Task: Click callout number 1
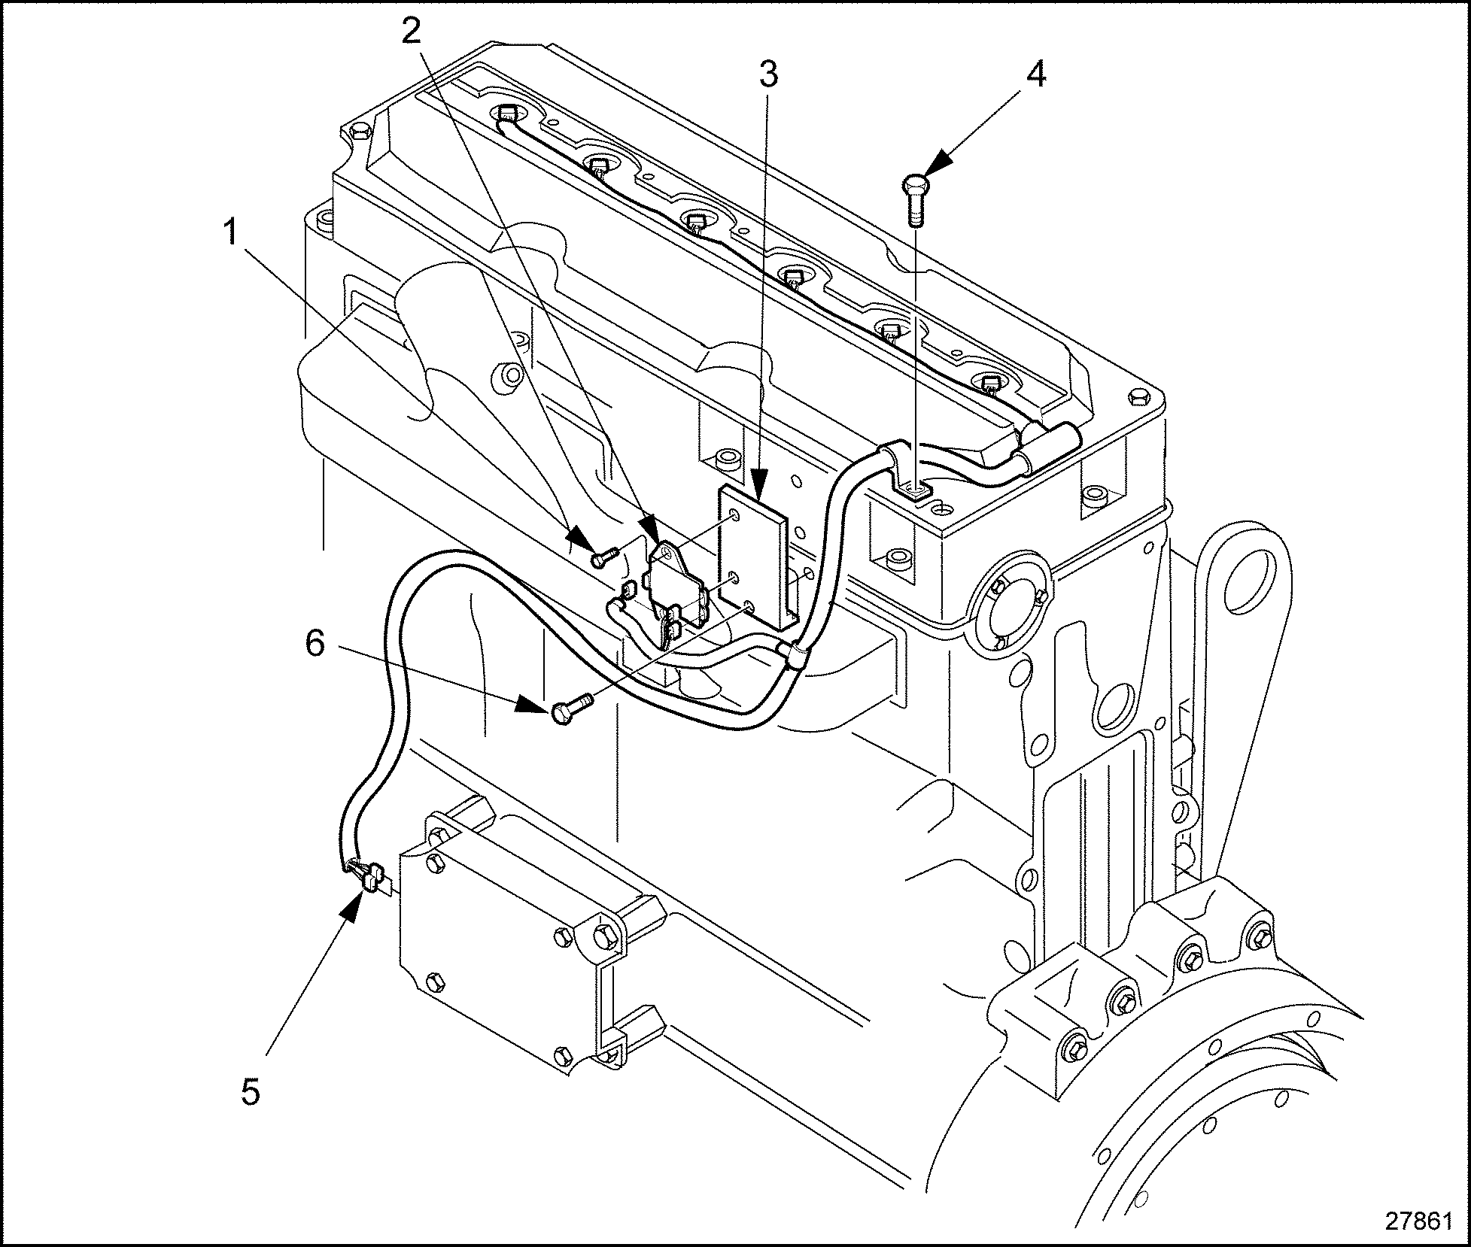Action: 233,235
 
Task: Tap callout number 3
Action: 768,74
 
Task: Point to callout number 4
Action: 1036,74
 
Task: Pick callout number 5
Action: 251,1091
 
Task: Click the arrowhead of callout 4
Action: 937,166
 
